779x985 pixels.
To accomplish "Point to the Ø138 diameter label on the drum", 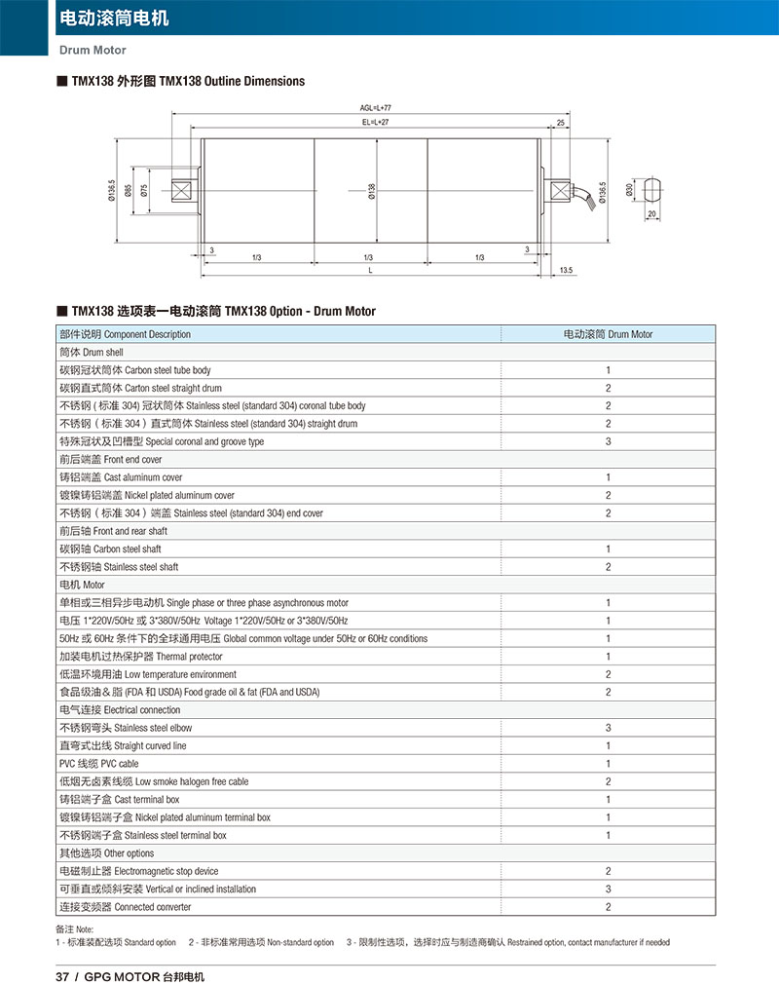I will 372,192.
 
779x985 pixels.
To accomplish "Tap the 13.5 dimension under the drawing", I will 567,270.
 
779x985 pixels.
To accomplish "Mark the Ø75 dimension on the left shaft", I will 144,192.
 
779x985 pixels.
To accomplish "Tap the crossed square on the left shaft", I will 183,190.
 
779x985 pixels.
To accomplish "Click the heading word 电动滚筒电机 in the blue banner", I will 114,18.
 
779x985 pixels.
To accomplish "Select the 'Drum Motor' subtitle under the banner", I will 93,50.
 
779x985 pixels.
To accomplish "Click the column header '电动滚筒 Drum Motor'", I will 608,334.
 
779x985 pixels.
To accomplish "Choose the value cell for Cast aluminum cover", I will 608,477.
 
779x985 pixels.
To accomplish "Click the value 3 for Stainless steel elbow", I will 608,728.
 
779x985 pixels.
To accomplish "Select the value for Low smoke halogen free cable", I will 608,781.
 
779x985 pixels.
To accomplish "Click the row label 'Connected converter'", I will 126,907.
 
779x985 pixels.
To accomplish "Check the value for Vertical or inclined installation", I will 608,889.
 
